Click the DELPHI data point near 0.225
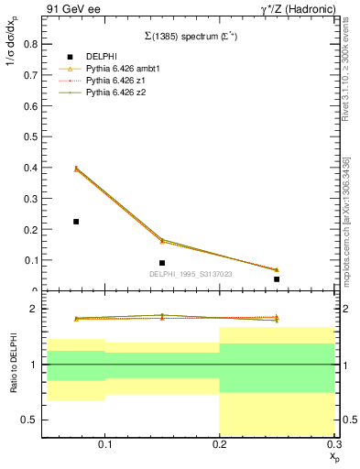[76, 222]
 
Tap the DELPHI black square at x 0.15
[162, 263]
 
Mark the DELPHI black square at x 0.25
[277, 278]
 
